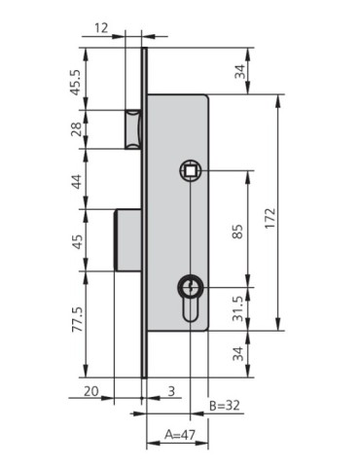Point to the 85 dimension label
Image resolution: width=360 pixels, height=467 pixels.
239,233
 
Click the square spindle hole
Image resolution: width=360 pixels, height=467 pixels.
191,171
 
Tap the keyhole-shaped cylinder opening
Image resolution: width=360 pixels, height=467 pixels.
191,294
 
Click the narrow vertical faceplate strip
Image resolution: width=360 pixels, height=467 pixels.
145,214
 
